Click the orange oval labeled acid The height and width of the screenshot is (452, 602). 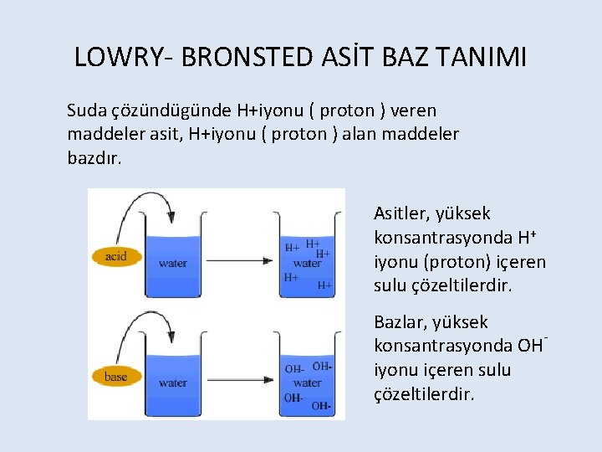tap(116, 256)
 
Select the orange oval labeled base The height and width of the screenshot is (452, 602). tap(116, 377)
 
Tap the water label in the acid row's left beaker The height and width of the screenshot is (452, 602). tap(172, 263)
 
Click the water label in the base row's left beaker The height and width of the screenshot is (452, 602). tap(172, 383)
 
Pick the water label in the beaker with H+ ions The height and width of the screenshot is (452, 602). tap(308, 263)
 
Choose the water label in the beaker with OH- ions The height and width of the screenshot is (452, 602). tap(308, 383)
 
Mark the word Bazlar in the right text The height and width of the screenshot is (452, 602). tap(400, 322)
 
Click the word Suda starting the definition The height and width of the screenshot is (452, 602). tap(86, 110)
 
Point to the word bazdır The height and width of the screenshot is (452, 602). tap(94, 157)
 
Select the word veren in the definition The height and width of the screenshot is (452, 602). tap(413, 110)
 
